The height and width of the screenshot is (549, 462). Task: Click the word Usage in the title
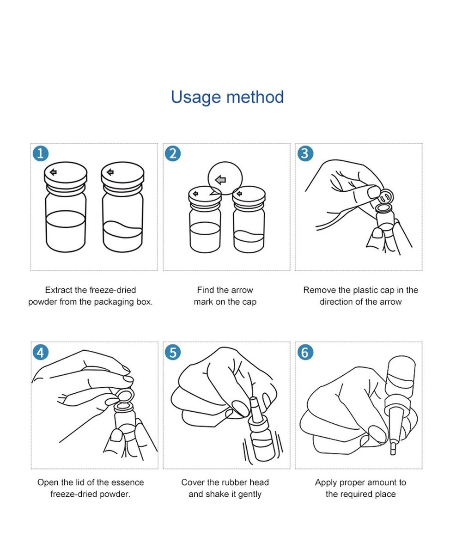[x=196, y=98]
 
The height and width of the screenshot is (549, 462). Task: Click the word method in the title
[x=255, y=97]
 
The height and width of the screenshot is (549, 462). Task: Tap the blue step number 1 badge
[x=41, y=153]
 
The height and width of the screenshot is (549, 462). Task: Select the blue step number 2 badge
[x=172, y=153]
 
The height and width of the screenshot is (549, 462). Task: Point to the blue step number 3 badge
[x=305, y=153]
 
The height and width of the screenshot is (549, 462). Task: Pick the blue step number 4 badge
[x=41, y=352]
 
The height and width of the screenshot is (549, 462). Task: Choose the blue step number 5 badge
[x=172, y=352]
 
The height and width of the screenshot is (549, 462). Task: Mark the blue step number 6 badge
[x=305, y=352]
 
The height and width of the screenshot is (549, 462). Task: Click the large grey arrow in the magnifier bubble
[x=220, y=180]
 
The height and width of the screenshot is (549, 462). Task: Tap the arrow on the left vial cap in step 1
[x=53, y=172]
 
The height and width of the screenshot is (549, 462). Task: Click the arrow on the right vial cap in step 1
[x=110, y=172]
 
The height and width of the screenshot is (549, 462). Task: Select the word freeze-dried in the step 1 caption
[x=113, y=290]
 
